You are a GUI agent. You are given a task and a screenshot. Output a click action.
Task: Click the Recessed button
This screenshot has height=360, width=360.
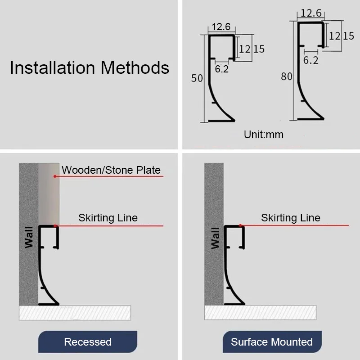pos(88,342)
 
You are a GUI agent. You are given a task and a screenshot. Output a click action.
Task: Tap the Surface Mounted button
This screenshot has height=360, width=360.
pos(272,342)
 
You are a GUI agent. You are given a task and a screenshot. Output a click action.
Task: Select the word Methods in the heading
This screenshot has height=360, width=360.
pos(135,67)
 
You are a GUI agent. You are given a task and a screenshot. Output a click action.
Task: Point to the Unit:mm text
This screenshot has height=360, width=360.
pos(264,135)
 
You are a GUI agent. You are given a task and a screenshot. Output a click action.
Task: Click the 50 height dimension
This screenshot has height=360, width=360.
pos(197,78)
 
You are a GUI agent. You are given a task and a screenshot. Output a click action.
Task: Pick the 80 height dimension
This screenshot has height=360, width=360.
pos(287,76)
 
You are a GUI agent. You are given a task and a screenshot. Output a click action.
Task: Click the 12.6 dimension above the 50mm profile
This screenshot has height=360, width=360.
pos(221,27)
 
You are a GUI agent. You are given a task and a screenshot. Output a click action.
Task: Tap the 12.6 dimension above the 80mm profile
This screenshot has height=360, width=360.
pos(311,13)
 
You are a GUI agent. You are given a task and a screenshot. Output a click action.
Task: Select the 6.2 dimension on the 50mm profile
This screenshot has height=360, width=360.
pos(222,69)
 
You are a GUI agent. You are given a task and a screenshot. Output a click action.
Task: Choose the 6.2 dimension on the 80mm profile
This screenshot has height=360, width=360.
pos(311,60)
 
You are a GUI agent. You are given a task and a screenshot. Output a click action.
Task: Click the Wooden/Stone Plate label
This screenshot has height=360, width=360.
pos(111,170)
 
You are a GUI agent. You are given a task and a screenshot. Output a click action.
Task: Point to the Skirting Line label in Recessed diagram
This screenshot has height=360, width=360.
pos(108,218)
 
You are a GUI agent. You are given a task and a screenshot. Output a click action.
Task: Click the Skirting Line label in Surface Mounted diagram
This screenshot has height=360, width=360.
pos(291,218)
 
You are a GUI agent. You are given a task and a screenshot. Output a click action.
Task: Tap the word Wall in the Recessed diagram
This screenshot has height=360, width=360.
pos(29,238)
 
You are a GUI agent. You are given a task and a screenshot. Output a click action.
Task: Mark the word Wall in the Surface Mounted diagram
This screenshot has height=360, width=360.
pos(215,238)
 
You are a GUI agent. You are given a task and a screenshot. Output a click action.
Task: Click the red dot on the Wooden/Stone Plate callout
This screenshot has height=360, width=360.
pos(55,176)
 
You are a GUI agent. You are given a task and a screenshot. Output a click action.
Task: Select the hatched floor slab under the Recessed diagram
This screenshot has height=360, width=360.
pos(75,313)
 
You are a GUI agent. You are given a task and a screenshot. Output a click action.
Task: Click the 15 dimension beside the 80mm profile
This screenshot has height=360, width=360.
pos(348,36)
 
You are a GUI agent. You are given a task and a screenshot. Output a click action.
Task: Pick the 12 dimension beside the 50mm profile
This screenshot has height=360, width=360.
pos(244,49)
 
